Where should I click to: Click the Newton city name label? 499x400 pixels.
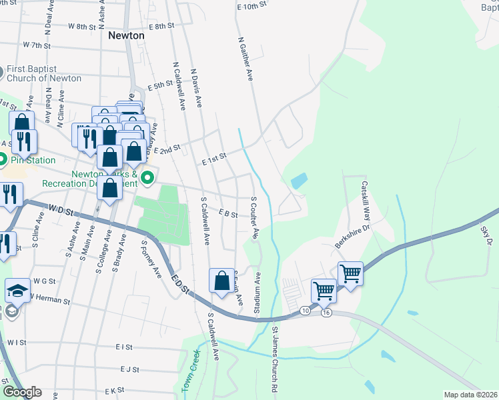126,35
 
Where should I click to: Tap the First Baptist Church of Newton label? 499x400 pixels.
44,74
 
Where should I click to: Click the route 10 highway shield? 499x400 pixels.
306,311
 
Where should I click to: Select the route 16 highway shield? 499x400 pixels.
326,312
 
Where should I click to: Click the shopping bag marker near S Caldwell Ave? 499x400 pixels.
222,281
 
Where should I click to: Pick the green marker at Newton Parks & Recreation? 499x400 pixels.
147,177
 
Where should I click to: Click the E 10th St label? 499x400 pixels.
252,5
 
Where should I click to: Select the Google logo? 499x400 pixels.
22,392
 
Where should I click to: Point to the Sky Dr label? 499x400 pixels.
485,235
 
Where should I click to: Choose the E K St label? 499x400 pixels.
113,389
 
